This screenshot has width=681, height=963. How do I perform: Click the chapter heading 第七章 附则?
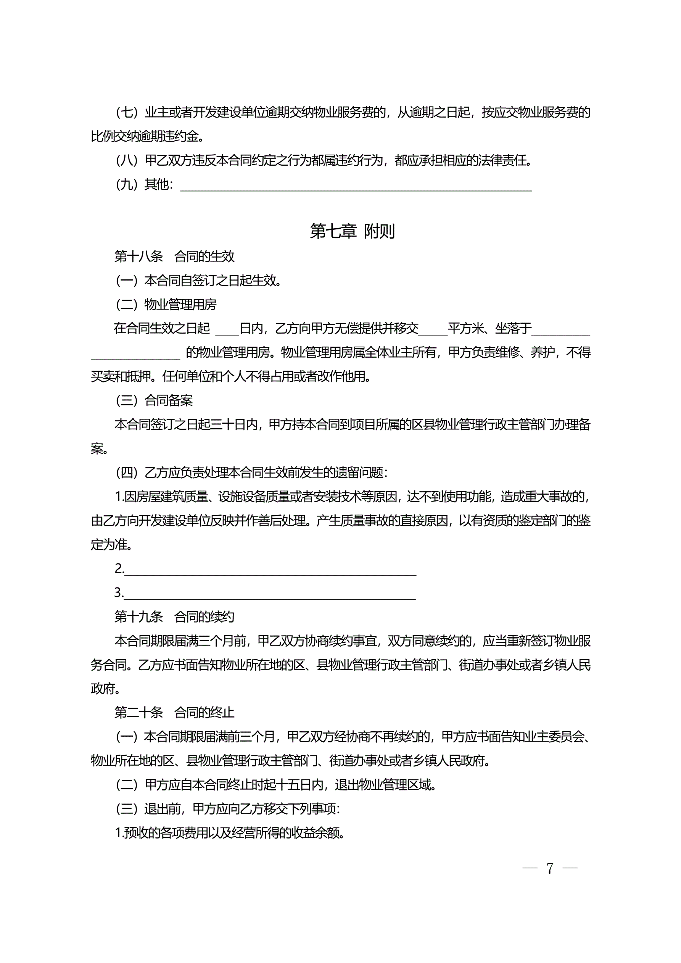[352, 231]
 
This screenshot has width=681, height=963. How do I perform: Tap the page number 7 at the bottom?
[550, 868]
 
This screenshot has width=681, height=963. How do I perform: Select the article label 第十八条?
[139, 256]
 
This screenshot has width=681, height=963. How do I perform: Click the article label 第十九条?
[139, 616]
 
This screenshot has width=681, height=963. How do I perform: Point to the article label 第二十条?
[139, 712]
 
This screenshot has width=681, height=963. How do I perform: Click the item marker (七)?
[127, 112]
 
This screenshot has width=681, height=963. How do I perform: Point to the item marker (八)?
[127, 160]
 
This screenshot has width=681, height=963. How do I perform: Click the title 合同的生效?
[204, 256]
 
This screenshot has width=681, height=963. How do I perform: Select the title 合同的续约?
[204, 616]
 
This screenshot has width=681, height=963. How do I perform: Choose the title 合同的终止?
[204, 712]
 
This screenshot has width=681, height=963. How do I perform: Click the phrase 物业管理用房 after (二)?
[180, 305]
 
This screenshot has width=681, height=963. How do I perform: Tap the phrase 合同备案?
[169, 400]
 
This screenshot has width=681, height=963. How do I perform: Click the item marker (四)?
[127, 473]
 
